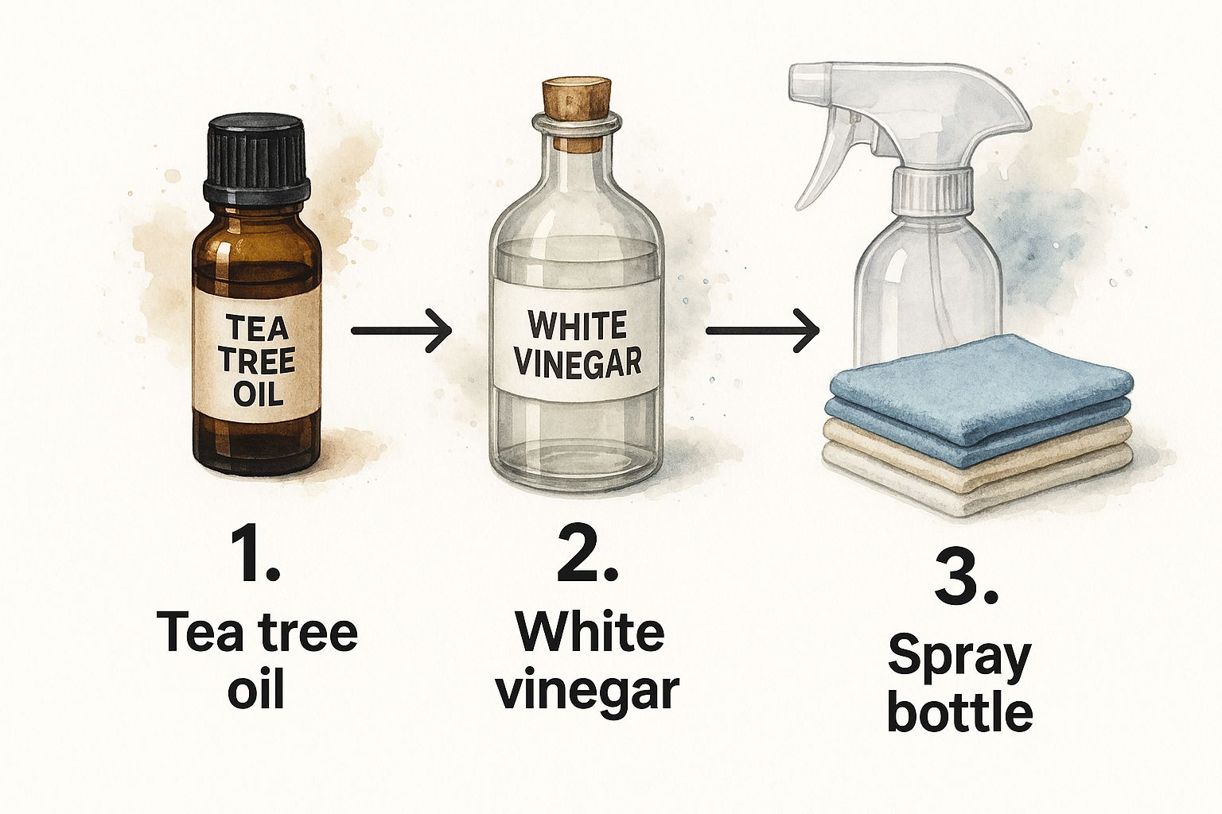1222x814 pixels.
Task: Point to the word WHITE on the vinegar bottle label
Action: point(577,326)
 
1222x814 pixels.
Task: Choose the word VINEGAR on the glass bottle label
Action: point(577,362)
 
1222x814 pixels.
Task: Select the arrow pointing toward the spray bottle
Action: point(762,330)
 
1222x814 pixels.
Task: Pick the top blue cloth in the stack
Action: point(979,374)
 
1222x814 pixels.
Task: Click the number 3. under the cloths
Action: point(965,574)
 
